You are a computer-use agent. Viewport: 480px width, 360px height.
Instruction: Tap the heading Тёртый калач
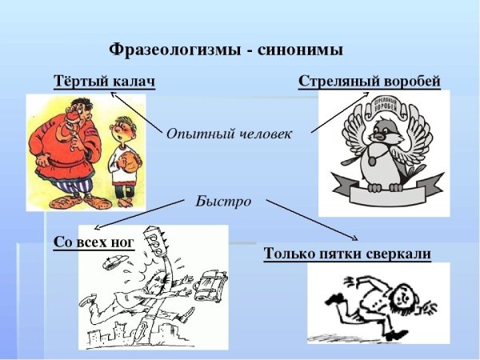(x=104, y=82)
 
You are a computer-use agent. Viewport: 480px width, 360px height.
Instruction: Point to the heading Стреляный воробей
(x=370, y=82)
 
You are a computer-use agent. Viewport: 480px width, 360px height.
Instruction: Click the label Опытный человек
(x=229, y=134)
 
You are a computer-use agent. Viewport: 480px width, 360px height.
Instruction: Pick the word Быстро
(x=224, y=201)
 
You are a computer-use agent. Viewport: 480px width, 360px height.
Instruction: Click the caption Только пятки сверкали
(x=347, y=254)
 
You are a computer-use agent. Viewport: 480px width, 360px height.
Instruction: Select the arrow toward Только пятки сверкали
(x=312, y=219)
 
